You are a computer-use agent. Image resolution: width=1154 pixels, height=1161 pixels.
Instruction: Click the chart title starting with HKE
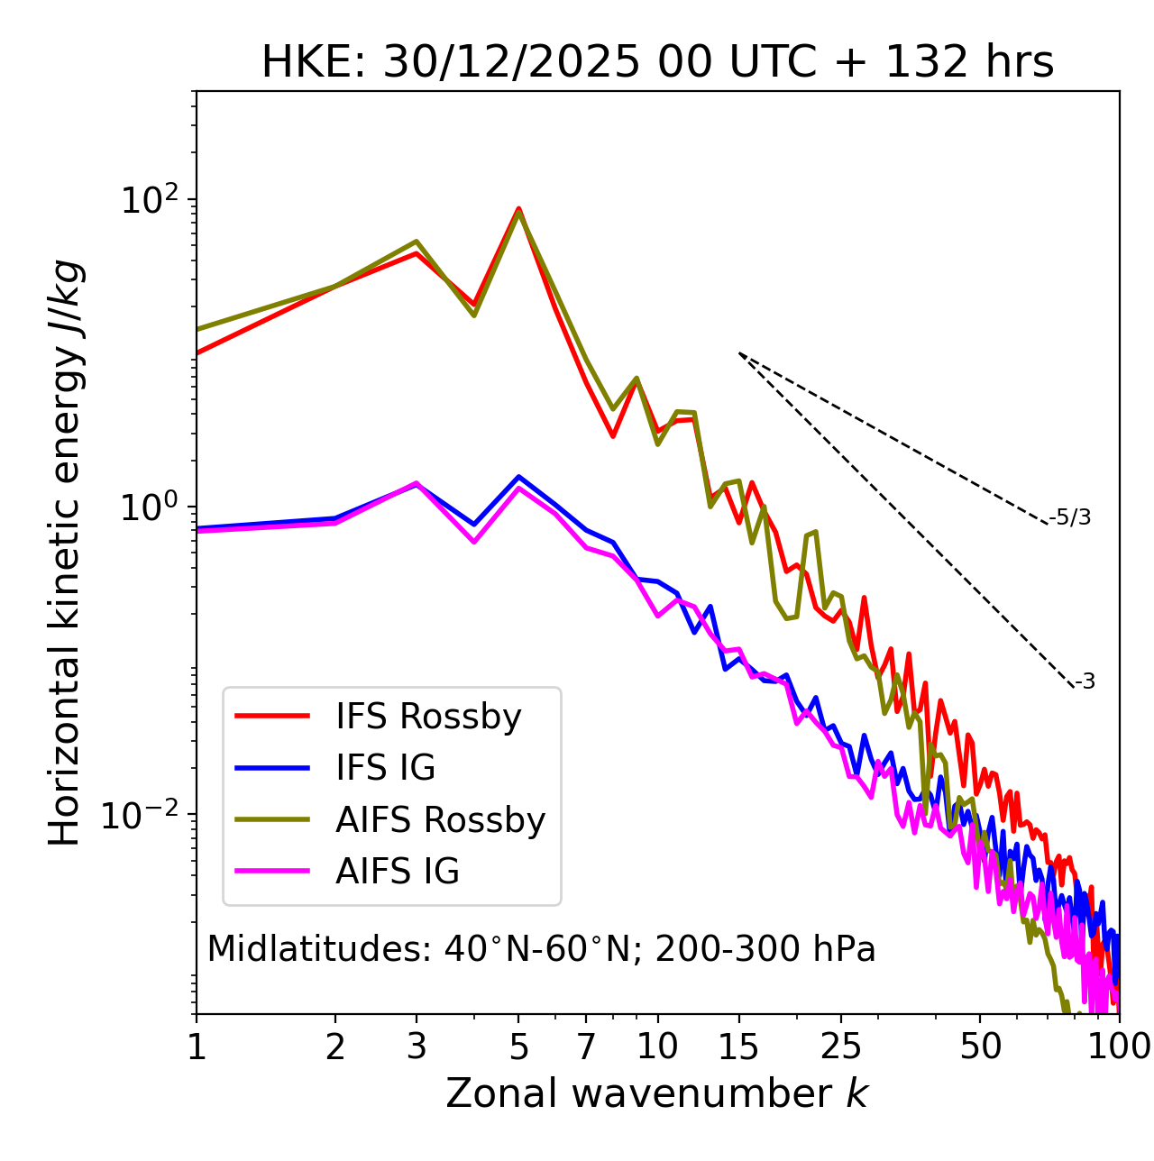[x=657, y=63]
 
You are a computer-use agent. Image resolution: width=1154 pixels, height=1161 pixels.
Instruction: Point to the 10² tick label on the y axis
[x=150, y=199]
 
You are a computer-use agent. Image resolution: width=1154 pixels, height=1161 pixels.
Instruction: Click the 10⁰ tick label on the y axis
[x=150, y=507]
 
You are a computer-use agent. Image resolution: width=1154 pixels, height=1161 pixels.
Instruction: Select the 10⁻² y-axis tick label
[x=143, y=815]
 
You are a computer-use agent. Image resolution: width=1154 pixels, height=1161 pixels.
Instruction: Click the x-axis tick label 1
[x=197, y=1047]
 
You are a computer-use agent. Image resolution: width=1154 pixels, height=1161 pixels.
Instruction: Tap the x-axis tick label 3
[x=416, y=1047]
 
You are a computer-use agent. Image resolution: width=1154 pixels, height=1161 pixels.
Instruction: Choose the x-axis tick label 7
[x=586, y=1047]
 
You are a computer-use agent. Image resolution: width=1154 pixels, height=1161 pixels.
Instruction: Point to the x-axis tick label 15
[x=739, y=1047]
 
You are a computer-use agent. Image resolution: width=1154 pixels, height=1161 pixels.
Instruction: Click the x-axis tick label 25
[x=842, y=1047]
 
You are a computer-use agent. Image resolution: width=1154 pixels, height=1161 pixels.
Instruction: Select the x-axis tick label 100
[x=1119, y=1047]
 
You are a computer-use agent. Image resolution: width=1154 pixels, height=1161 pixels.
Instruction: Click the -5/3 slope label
[x=1070, y=518]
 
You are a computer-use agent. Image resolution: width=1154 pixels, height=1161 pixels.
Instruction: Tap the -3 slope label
[x=1085, y=682]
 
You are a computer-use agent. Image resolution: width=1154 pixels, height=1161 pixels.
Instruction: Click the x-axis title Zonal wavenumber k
[x=656, y=1093]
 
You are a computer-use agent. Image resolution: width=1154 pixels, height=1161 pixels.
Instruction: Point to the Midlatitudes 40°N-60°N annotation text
[x=541, y=949]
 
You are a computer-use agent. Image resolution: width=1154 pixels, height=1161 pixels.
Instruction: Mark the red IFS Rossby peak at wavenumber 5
[x=518, y=209]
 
